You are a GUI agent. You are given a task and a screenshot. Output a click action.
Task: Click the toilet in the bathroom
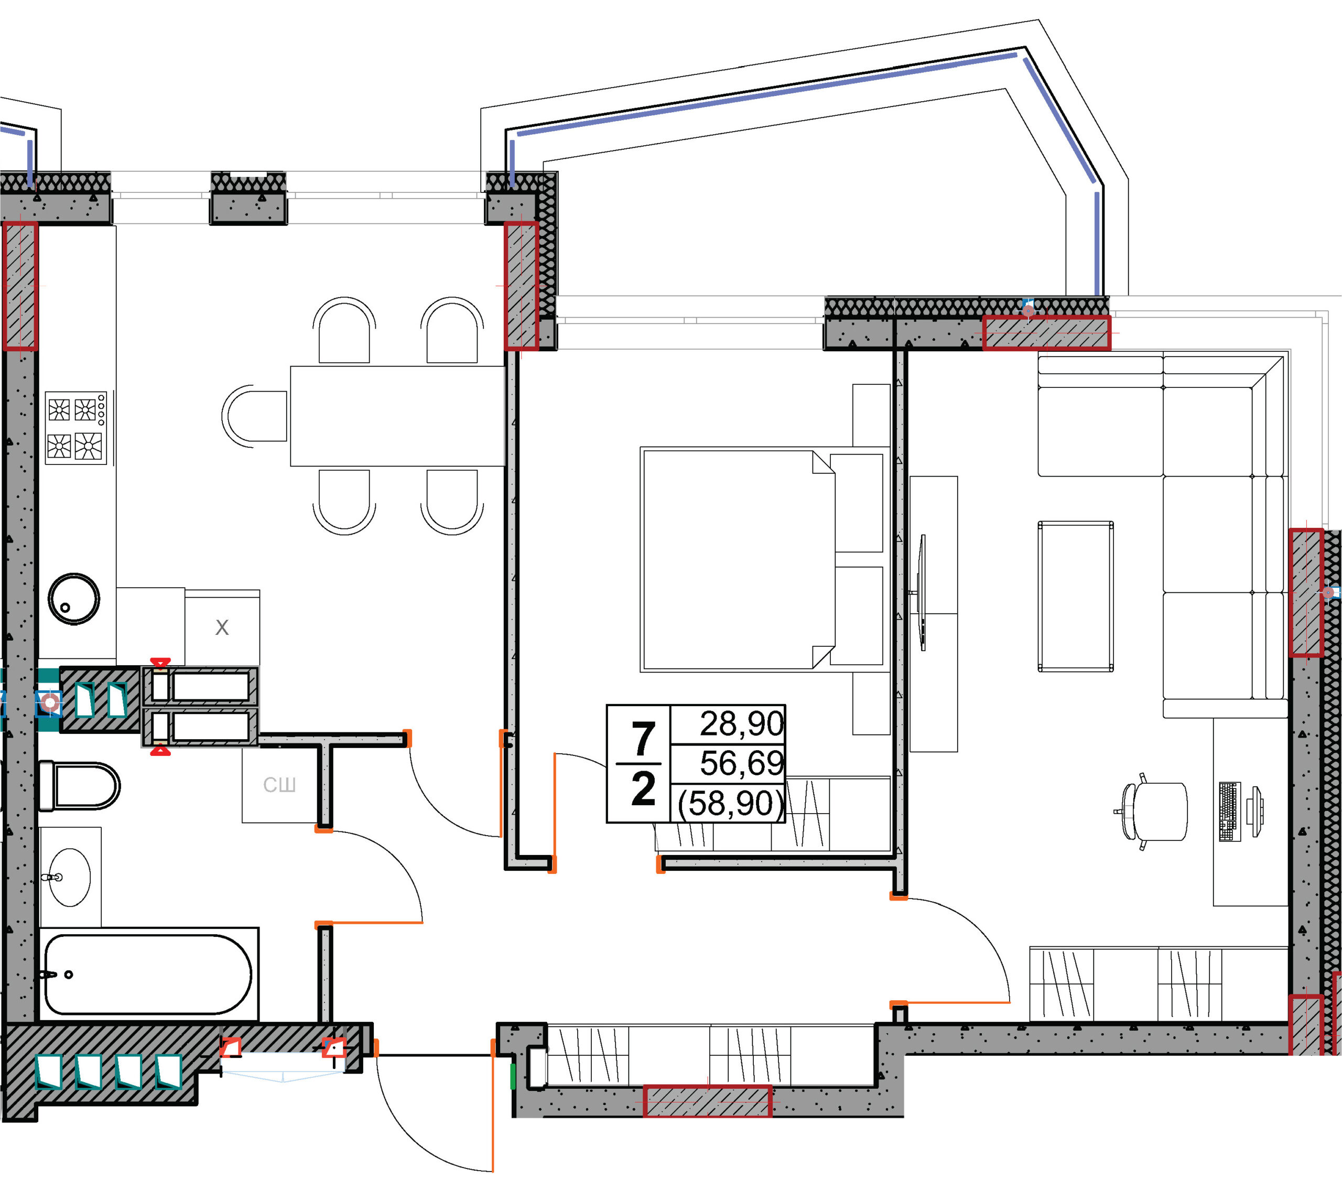click(x=79, y=786)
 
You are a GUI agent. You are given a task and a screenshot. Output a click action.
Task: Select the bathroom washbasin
click(x=70, y=877)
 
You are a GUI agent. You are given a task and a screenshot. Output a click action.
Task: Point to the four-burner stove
click(x=76, y=428)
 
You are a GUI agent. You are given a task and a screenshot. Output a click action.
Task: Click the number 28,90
click(x=742, y=723)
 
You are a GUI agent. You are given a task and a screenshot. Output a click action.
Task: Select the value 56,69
click(x=742, y=763)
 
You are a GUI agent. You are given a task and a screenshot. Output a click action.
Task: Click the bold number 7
click(x=643, y=739)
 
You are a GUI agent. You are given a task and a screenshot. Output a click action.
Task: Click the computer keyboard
click(x=1230, y=812)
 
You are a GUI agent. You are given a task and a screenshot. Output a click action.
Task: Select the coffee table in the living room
click(x=1076, y=597)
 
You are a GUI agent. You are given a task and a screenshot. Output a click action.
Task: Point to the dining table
click(x=398, y=416)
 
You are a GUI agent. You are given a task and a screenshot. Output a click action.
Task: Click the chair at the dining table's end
click(x=255, y=416)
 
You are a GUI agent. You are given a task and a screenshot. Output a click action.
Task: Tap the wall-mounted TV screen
click(x=923, y=593)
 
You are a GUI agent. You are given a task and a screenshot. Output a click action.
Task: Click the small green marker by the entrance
click(x=513, y=1077)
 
